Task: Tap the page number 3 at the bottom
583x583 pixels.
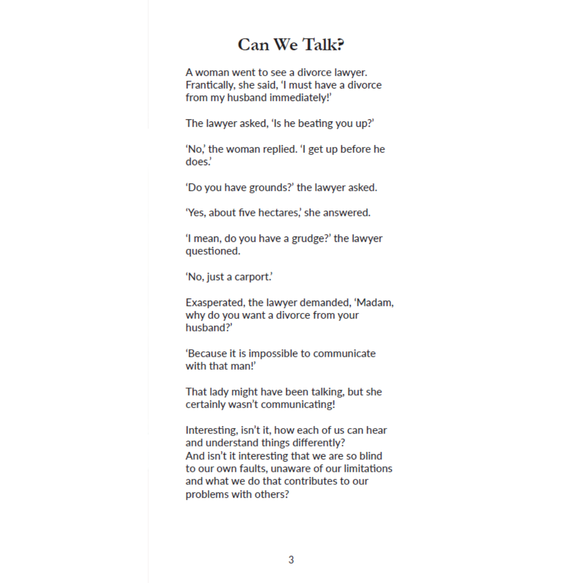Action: pos(291,560)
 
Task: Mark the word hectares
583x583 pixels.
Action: pos(277,213)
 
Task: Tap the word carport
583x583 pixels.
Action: pos(252,277)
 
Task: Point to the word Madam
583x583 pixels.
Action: pos(375,302)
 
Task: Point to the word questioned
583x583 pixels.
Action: pos(213,252)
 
